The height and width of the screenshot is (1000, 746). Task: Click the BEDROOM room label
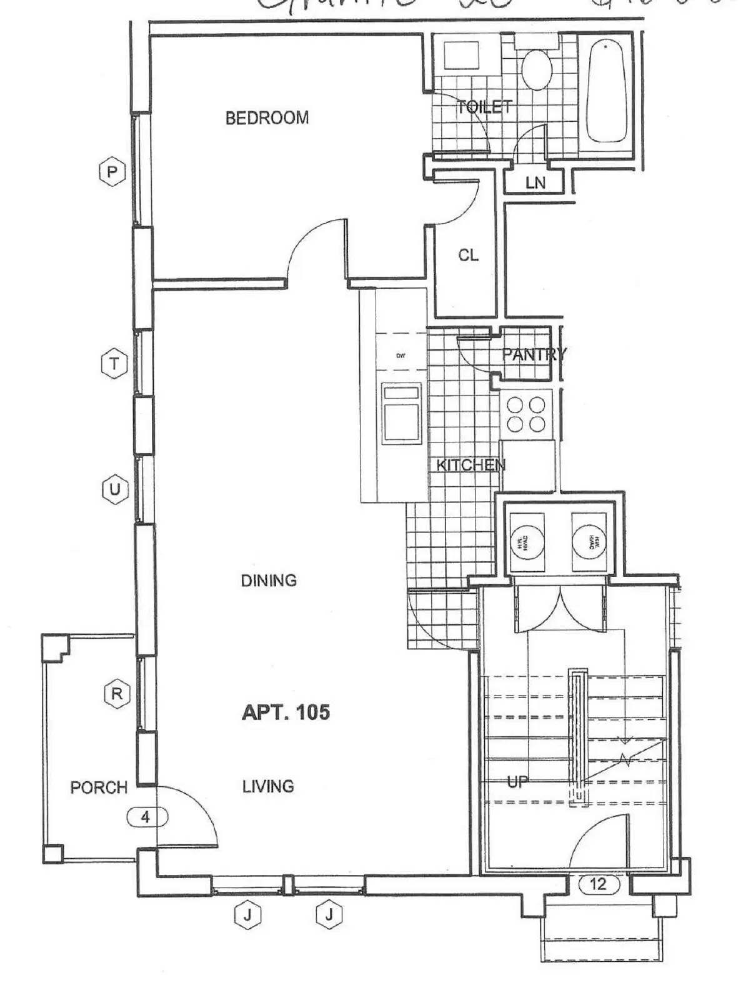[267, 117]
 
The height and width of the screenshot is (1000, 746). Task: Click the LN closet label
[535, 183]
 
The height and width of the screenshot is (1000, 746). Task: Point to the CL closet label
[468, 255]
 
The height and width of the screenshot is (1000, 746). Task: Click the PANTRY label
[533, 354]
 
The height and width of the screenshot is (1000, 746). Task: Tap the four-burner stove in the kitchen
[526, 414]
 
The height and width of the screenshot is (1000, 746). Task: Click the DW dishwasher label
[401, 356]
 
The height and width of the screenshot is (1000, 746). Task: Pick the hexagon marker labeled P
[112, 172]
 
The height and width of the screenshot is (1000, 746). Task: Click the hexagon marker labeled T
[114, 364]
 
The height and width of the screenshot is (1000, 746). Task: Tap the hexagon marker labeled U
[115, 489]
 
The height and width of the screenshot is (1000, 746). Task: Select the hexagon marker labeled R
[117, 694]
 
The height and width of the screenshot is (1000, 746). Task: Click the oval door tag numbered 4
[146, 817]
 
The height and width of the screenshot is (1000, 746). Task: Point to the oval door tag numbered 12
[598, 884]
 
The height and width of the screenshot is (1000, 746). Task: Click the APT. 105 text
[286, 712]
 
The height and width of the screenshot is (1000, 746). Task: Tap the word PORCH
[99, 787]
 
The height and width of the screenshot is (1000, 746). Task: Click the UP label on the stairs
[517, 781]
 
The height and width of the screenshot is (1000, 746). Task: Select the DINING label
[269, 581]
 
